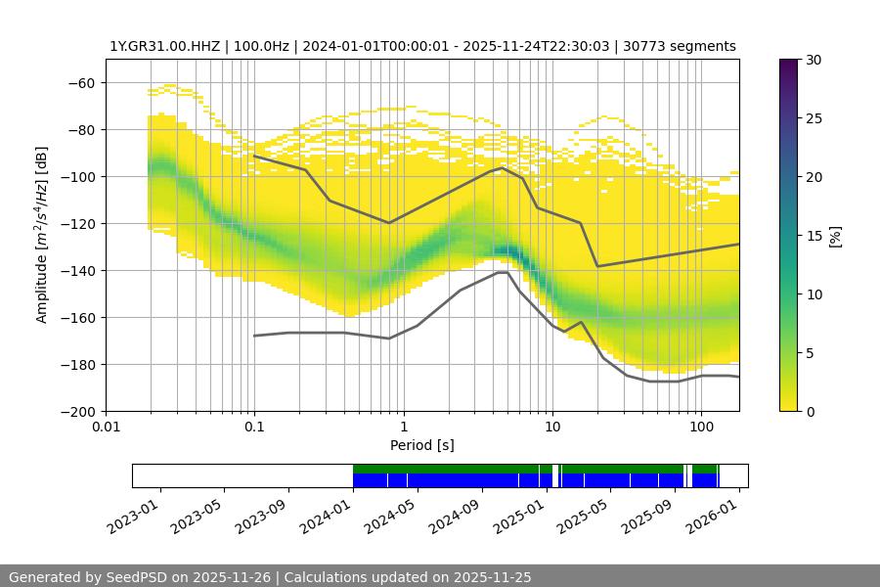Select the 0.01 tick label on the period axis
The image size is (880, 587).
[x=106, y=427]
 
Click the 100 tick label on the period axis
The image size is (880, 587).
[x=700, y=427]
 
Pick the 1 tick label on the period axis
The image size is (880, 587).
[x=403, y=427]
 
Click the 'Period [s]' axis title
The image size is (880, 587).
[x=421, y=445]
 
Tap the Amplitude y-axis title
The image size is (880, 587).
[x=42, y=235]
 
